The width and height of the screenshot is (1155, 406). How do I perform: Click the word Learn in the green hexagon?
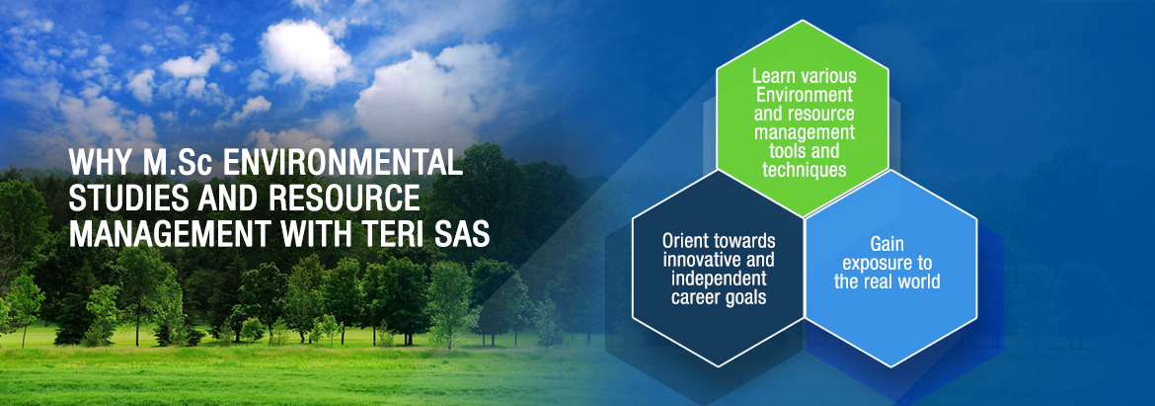pyautogui.click(x=771, y=76)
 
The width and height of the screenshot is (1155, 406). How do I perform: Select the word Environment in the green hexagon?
pyautogui.click(x=804, y=95)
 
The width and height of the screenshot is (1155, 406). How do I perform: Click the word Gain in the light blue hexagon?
pyautogui.click(x=886, y=243)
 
